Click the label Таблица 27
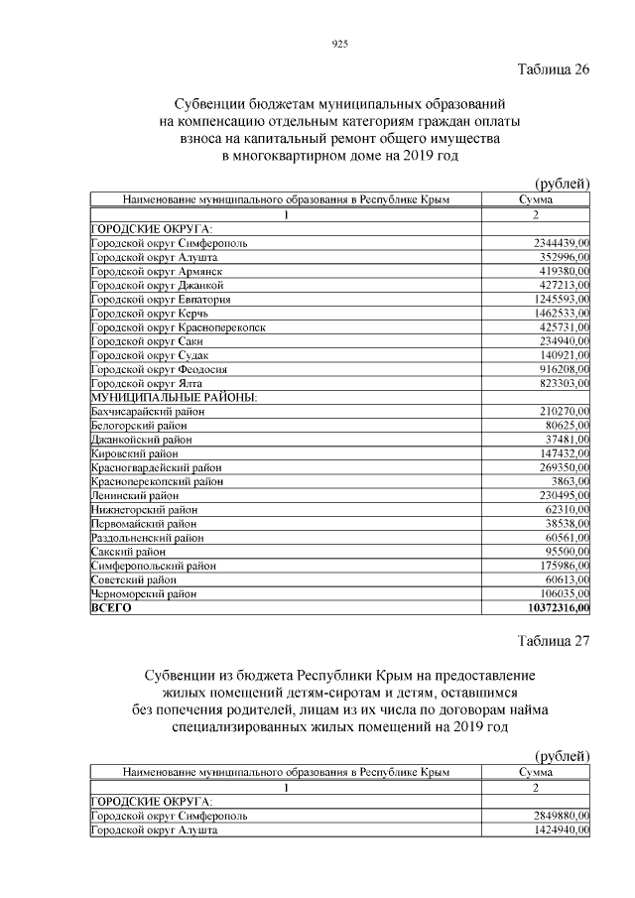click(x=554, y=640)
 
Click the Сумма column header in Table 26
click(x=535, y=199)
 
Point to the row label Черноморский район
click(x=143, y=593)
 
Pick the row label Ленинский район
click(x=135, y=495)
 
